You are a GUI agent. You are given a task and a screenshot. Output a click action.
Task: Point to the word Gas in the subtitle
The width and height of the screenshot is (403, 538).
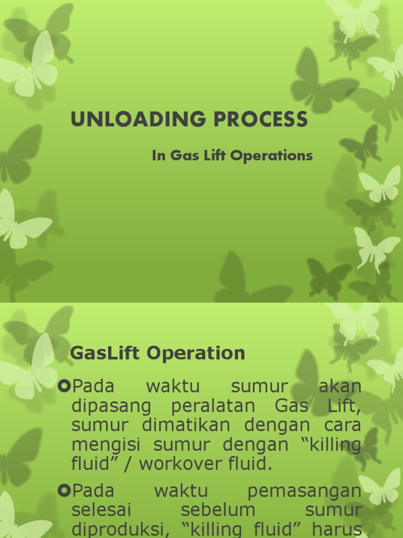coord(184,156)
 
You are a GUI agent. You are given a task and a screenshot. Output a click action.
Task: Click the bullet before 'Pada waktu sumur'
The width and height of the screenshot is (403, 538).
coord(64,387)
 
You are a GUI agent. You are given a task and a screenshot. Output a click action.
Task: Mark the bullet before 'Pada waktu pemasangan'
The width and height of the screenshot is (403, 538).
coord(64,491)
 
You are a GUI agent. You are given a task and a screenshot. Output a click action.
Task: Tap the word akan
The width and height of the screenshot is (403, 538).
coord(340,386)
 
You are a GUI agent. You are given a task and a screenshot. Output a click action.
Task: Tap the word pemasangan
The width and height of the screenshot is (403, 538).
coord(304,491)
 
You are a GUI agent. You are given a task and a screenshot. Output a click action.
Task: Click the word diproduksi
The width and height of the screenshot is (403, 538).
coord(114,529)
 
